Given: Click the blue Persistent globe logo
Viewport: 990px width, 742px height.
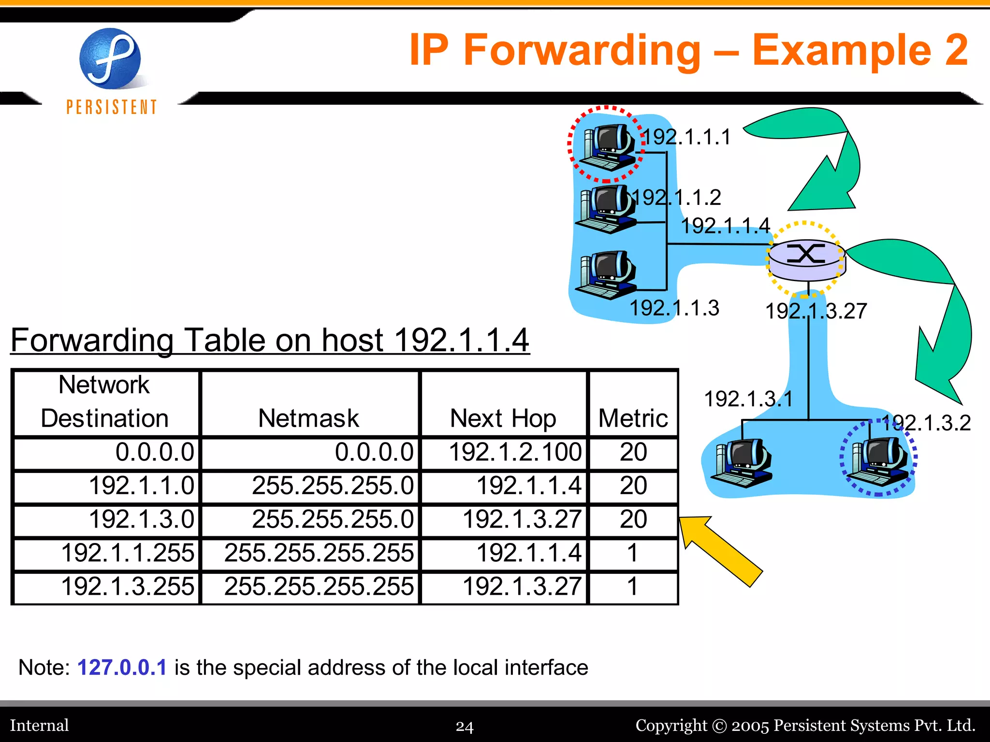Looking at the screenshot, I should coord(110,58).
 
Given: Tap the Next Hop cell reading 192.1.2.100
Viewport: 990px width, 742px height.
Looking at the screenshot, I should coord(515,453).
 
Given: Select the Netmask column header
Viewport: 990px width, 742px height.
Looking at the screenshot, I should coord(308,418).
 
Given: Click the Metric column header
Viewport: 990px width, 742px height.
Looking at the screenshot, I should coord(633,418).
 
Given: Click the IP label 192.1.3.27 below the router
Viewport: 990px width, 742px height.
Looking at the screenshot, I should coord(816,311).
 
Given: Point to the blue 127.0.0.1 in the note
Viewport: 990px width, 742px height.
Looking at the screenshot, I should coord(122,668).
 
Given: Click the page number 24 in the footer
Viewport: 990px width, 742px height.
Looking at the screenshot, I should coord(465,726).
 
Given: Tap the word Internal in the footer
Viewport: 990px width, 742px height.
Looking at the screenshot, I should coord(40,726).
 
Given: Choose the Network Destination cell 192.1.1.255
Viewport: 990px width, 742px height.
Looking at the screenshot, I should coord(128,553).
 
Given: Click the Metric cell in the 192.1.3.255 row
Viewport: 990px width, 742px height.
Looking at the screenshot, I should coord(633,587).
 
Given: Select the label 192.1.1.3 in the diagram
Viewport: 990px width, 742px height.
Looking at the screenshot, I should coord(674,308).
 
